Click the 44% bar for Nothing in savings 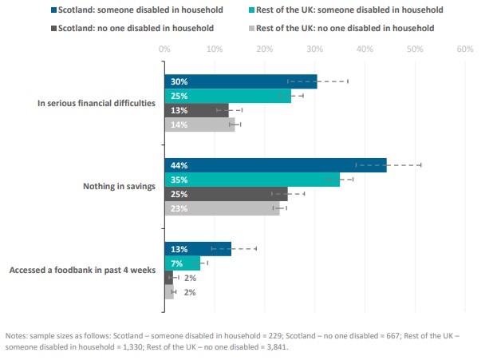[275, 164]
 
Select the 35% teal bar [251, 180]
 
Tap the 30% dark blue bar [240, 81]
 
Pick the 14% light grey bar [199, 125]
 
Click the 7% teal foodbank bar [182, 263]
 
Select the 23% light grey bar [222, 209]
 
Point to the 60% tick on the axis [464, 49]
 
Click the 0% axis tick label [164, 49]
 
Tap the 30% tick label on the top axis [314, 49]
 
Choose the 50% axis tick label [414, 49]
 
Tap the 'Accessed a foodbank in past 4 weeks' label [82, 270]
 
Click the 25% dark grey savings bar [226, 194]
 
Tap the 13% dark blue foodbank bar [197, 248]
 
